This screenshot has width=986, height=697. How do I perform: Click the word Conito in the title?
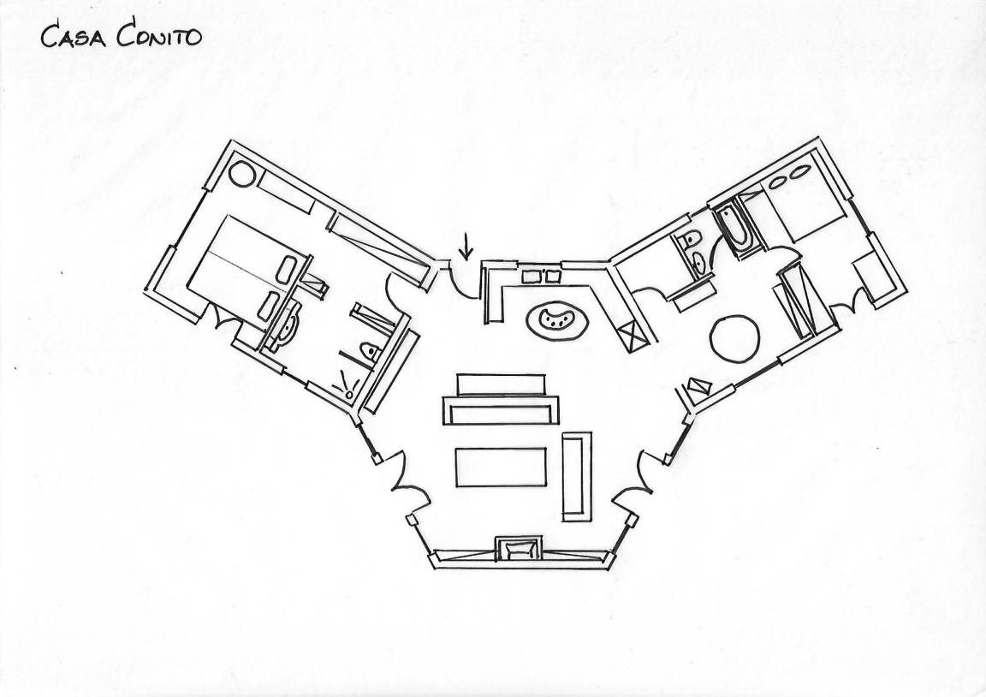tap(160, 36)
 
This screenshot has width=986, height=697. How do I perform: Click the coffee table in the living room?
tap(501, 468)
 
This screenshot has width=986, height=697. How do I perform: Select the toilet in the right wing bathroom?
tap(689, 242)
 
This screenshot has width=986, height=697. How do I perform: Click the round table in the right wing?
tap(734, 338)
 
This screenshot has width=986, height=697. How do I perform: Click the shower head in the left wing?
tap(347, 384)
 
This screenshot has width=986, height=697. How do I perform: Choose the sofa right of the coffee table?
tap(576, 476)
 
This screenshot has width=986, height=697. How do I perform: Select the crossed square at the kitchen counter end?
tap(635, 335)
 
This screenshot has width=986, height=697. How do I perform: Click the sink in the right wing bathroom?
tap(699, 261)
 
